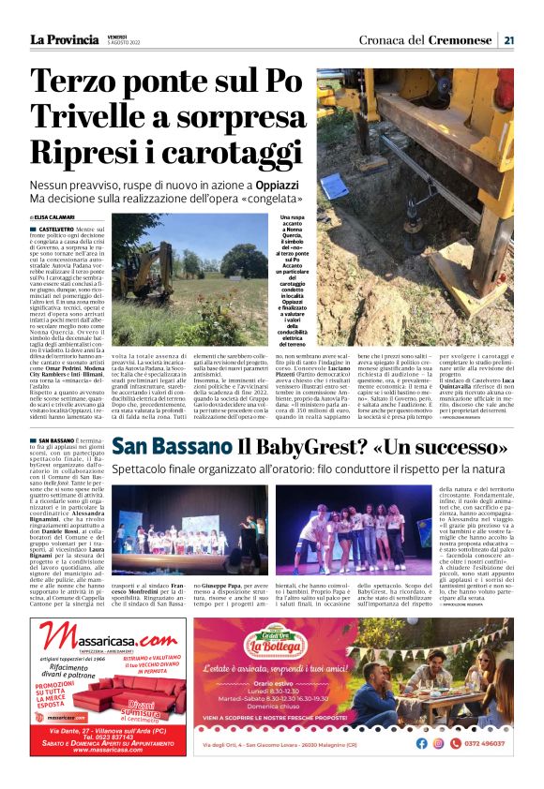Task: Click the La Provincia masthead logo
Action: click(67, 39)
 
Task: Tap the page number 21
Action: click(508, 40)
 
